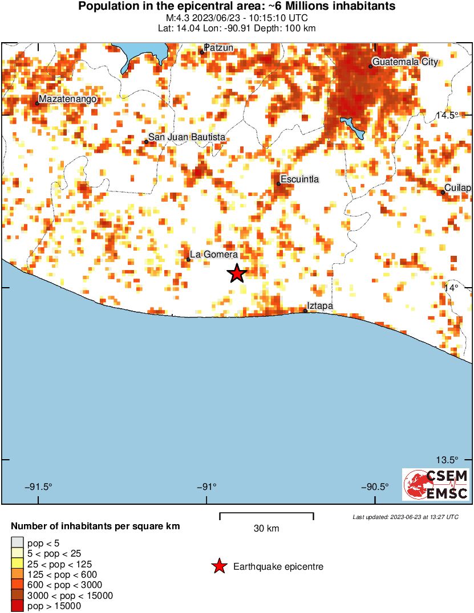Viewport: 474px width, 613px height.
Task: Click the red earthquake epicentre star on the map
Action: tap(237, 273)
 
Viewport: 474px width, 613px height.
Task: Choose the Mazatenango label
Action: tap(67, 99)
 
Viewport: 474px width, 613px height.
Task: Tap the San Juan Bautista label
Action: tap(187, 137)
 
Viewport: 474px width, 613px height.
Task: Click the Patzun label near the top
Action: tap(219, 48)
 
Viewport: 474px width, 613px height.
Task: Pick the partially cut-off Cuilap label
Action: tap(459, 188)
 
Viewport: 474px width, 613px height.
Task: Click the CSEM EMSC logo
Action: tap(436, 484)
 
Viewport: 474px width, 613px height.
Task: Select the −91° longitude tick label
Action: tap(206, 487)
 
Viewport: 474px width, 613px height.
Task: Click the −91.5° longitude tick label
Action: tap(38, 487)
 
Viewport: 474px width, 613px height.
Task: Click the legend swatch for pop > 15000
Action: tap(18, 606)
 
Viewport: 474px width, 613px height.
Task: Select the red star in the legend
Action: tap(218, 566)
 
